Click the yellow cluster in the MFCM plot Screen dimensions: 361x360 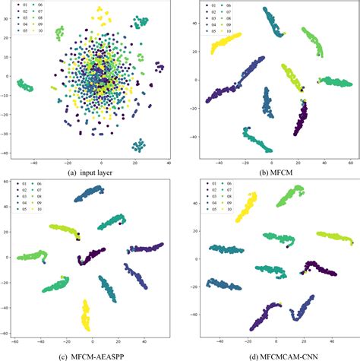226,44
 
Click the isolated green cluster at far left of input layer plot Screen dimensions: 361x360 26,84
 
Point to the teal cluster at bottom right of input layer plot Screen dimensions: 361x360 138,144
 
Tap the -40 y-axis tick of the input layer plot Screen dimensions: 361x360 8,152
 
